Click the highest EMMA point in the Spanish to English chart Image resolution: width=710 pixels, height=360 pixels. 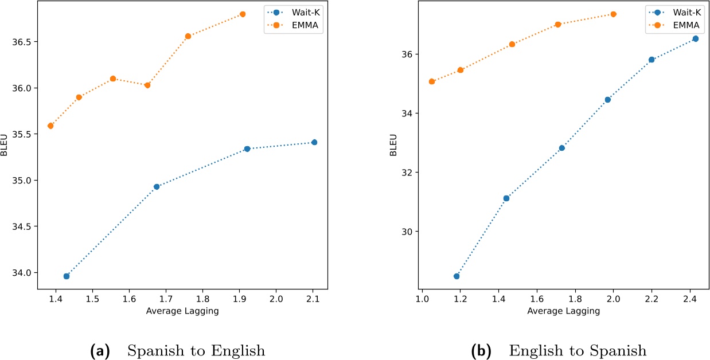pyautogui.click(x=243, y=14)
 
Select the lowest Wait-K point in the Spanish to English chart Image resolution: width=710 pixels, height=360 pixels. pyautogui.click(x=67, y=276)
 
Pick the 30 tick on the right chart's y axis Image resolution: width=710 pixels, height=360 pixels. pyautogui.click(x=407, y=232)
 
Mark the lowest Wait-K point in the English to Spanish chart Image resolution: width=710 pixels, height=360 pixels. pyautogui.click(x=457, y=276)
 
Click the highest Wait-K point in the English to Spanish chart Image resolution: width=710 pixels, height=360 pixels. pyautogui.click(x=695, y=38)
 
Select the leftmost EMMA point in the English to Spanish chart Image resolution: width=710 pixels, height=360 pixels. pyautogui.click(x=432, y=81)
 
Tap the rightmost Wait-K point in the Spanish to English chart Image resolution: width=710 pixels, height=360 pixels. pyautogui.click(x=314, y=142)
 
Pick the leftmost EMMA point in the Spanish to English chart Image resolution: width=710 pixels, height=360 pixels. pyautogui.click(x=50, y=126)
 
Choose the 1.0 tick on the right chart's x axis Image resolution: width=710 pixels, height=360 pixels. pyautogui.click(x=422, y=299)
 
